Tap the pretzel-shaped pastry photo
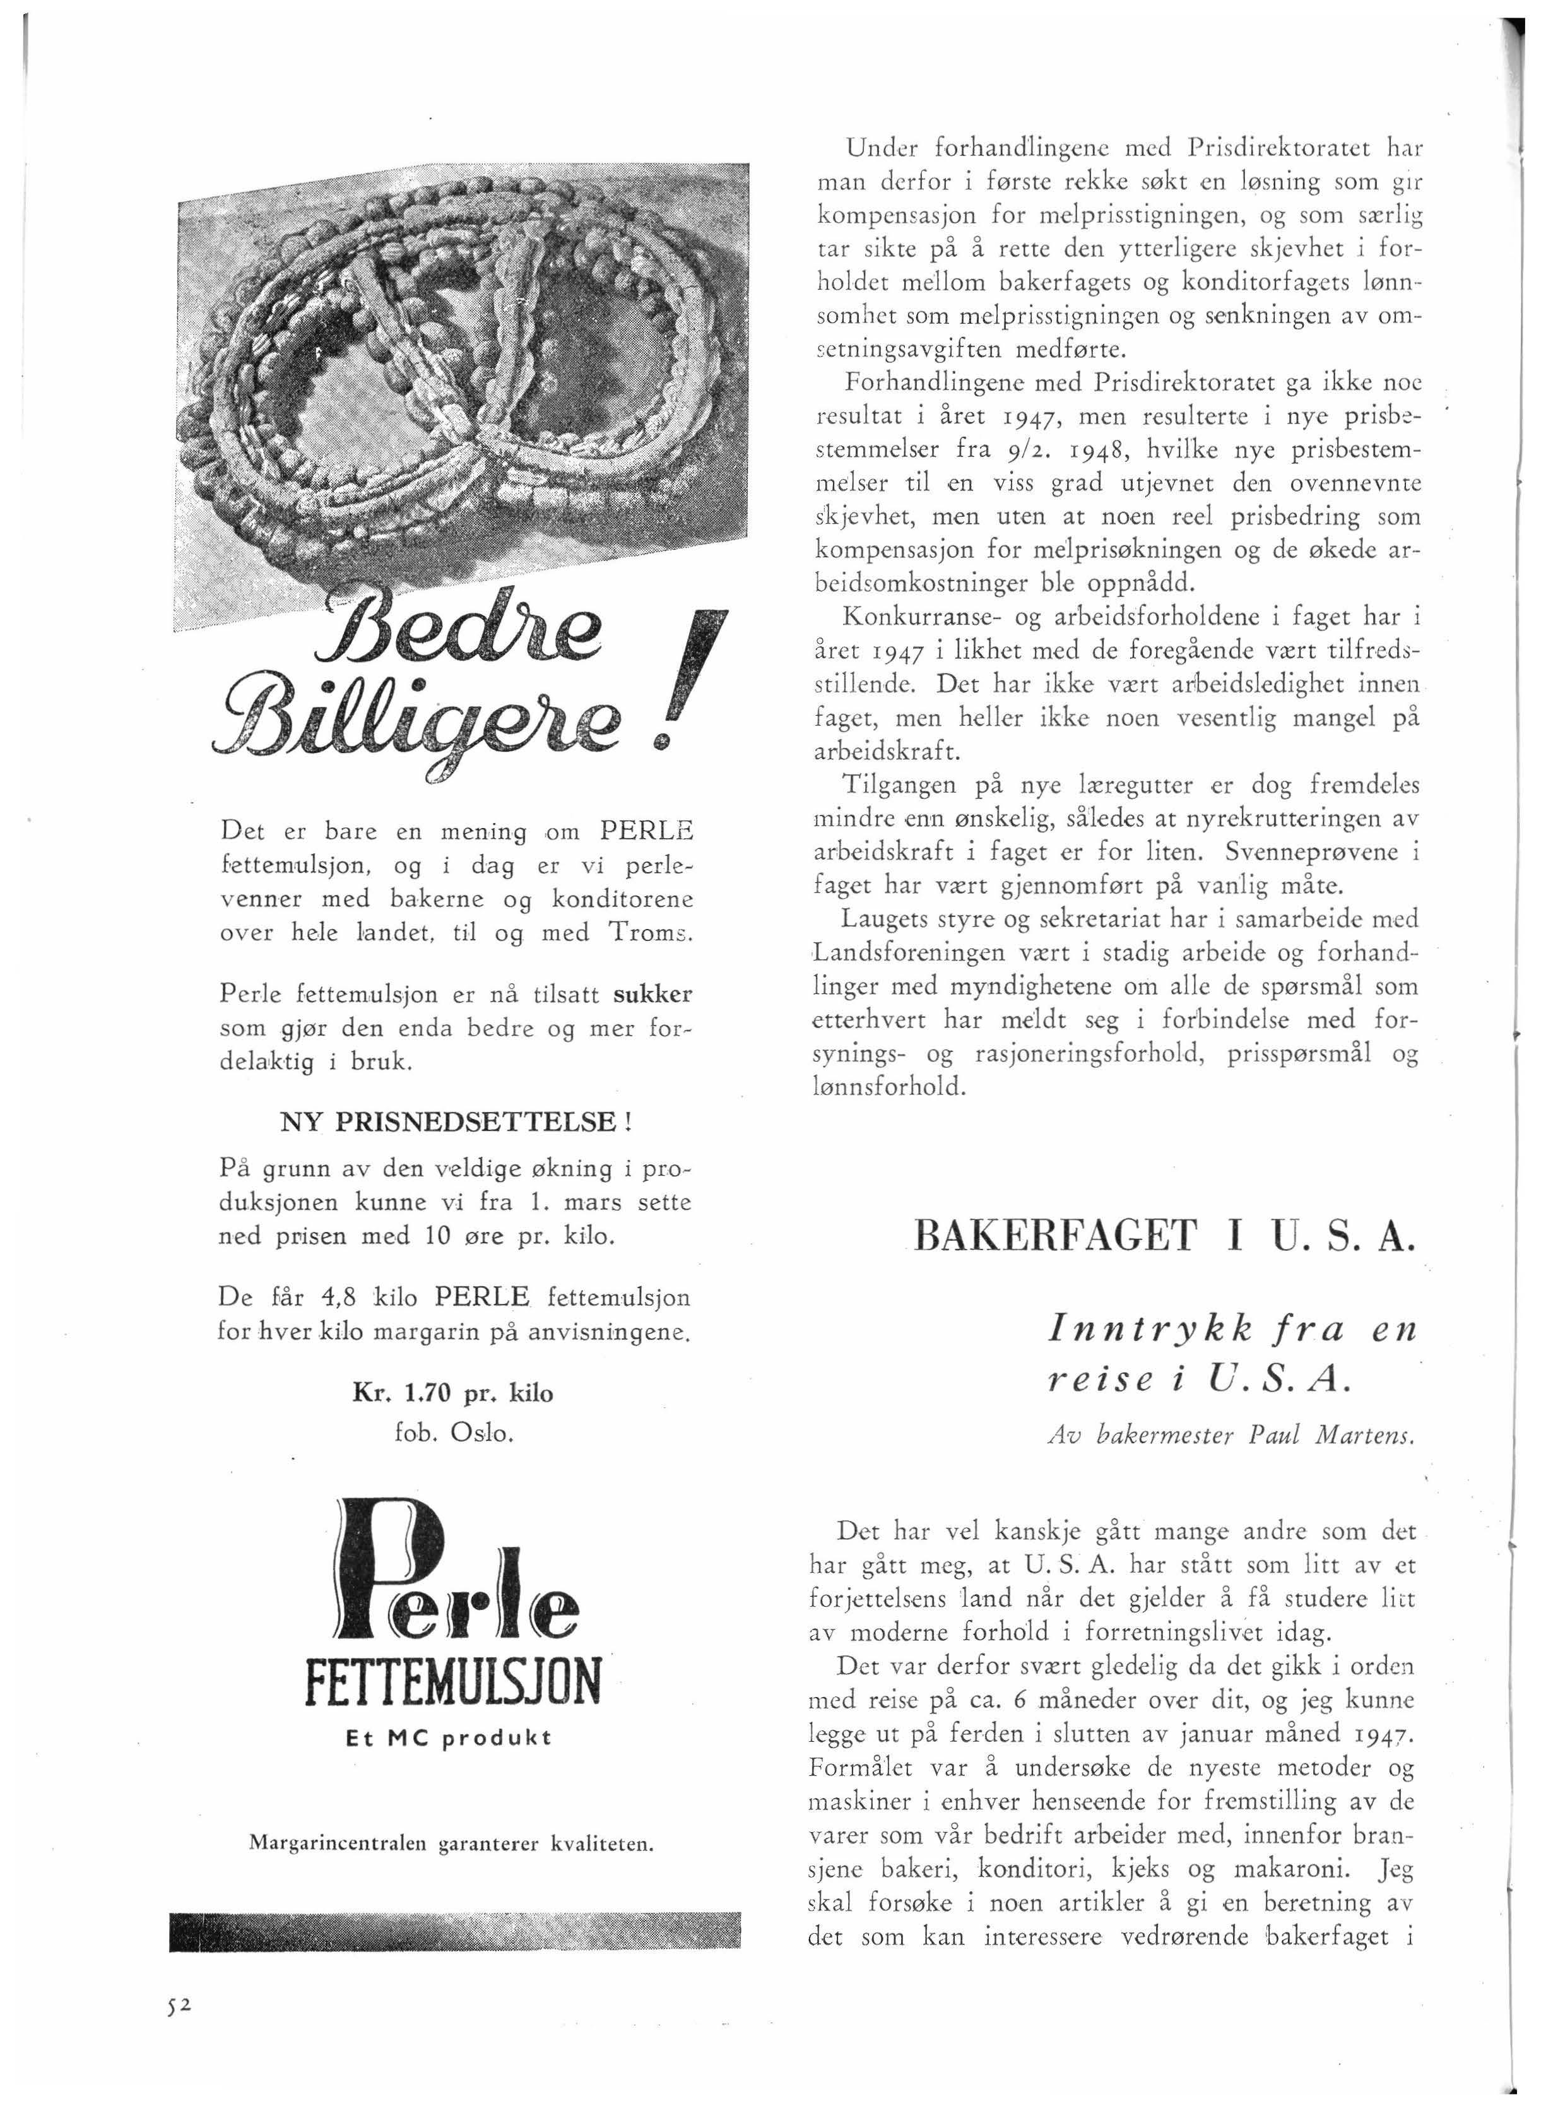coord(462,396)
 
